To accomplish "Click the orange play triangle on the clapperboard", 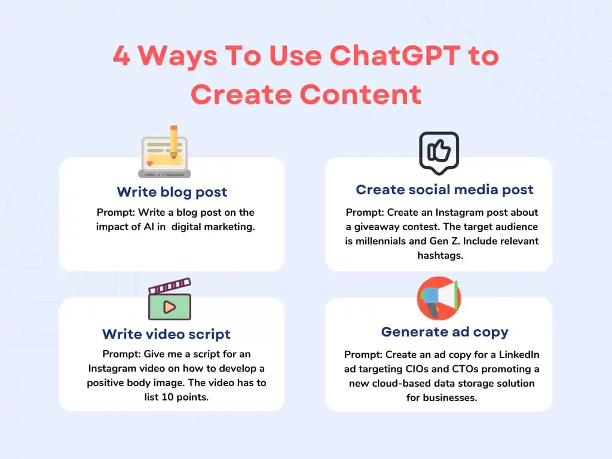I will pos(170,307).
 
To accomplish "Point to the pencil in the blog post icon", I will pos(174,142).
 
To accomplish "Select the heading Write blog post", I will pos(172,192).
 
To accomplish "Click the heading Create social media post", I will pos(445,189).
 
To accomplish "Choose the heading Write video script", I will pos(166,334).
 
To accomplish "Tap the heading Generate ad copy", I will pos(445,332).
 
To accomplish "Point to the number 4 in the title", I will pos(121,56).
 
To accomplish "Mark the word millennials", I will pos(381,241).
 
